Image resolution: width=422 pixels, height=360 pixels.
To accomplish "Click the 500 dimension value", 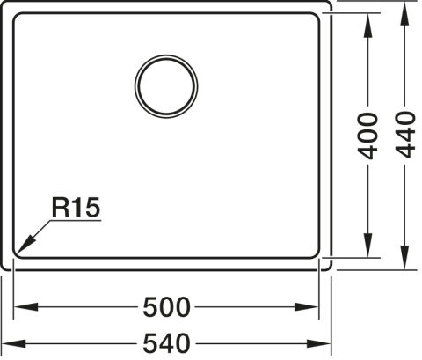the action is [166, 307].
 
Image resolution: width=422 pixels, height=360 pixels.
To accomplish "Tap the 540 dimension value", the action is [166, 343].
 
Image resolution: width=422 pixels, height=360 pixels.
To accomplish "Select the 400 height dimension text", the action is [367, 136].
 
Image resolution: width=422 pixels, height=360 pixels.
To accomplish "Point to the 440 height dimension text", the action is [405, 135].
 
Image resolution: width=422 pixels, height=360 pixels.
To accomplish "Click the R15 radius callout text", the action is [76, 208].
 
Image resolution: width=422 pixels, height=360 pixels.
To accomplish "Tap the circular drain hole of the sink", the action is [166, 86].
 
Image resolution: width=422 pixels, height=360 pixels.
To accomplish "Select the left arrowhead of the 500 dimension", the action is [25, 307].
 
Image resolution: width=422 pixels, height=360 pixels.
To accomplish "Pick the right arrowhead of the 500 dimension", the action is [307, 307].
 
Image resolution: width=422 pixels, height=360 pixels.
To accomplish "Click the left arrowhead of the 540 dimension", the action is [14, 343].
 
